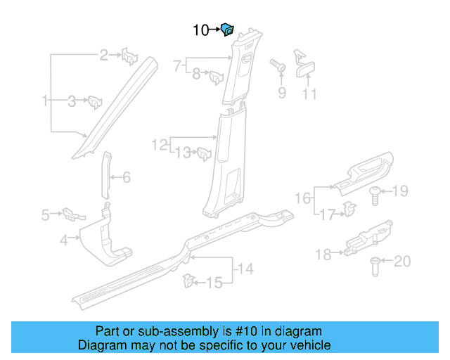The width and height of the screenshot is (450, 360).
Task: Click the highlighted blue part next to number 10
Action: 227,30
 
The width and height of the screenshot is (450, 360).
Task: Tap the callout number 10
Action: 201,30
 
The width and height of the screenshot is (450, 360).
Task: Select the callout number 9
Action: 281,92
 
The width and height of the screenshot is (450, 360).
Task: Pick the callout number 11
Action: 309,94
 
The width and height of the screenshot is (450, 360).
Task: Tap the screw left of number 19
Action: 375,194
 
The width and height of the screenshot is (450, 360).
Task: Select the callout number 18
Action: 323,255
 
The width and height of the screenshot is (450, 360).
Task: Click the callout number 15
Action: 214,283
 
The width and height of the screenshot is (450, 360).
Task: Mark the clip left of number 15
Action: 187,281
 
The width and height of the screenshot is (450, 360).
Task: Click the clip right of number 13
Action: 204,153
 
